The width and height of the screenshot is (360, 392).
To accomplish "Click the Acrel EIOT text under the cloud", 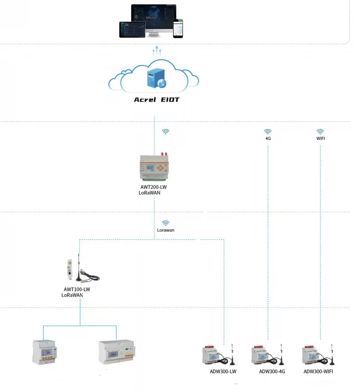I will click(x=156, y=100).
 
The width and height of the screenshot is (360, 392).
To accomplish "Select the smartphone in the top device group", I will click(x=178, y=28).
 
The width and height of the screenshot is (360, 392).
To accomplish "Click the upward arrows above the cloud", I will click(x=157, y=51).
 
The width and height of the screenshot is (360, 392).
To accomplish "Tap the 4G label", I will click(x=268, y=139).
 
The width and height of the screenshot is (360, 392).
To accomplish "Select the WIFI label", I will click(x=320, y=139).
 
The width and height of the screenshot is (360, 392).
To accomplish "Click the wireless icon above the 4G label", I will click(x=268, y=132).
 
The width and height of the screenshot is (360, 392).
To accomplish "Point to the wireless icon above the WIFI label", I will click(x=320, y=132).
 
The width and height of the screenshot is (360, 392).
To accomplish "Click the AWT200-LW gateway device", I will click(x=154, y=167).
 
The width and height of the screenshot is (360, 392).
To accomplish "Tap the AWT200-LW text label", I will click(x=153, y=188).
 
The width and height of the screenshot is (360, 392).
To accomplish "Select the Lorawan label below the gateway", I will click(x=166, y=230).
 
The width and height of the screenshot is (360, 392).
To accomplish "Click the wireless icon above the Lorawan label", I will click(x=166, y=223).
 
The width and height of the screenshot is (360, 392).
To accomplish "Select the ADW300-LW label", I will click(x=223, y=371).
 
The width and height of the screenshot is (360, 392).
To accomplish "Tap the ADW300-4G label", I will click(x=271, y=371).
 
